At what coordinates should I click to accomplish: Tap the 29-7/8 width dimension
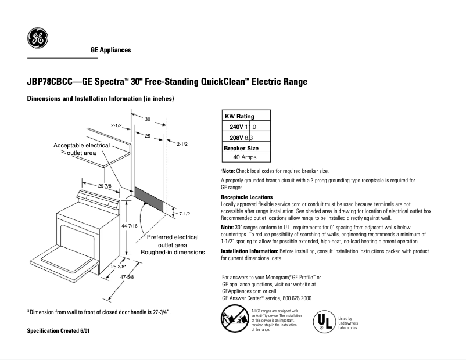pyautogui.click(x=105, y=185)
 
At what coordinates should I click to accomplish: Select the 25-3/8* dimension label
pyautogui.click(x=119, y=267)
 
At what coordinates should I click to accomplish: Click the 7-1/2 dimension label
pyautogui.click(x=185, y=214)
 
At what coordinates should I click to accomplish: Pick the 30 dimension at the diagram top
pyautogui.click(x=148, y=119)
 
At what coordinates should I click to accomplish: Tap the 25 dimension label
pyautogui.click(x=148, y=135)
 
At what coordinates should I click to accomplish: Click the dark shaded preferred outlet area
pyautogui.click(x=149, y=198)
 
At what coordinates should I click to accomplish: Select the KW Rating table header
pyautogui.click(x=239, y=117)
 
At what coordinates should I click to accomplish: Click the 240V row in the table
pyautogui.click(x=242, y=127)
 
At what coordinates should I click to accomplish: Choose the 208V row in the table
pyautogui.click(x=242, y=138)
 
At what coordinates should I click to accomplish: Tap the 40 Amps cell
pyautogui.click(x=245, y=157)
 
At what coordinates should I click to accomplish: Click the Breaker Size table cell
pyautogui.click(x=241, y=148)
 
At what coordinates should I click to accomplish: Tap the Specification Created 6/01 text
pyautogui.click(x=59, y=330)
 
